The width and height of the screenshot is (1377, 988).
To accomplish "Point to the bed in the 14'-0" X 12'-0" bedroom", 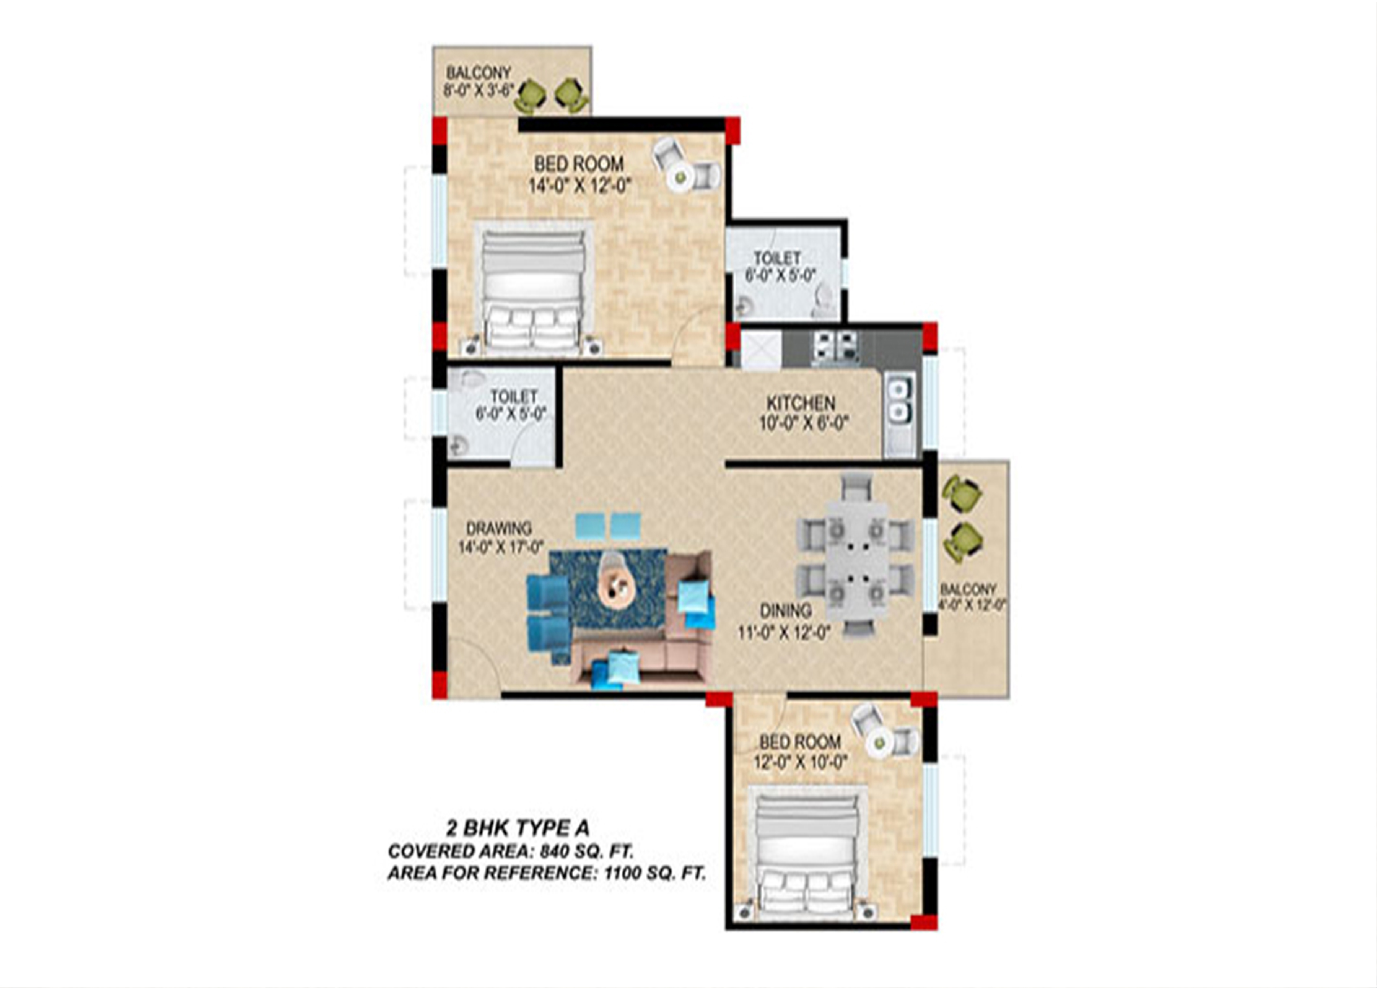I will pyautogui.click(x=533, y=288).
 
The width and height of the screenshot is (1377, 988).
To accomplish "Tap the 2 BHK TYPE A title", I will pyautogui.click(x=518, y=828).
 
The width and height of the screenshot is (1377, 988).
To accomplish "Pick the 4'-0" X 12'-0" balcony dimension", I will pyautogui.click(x=973, y=604).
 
